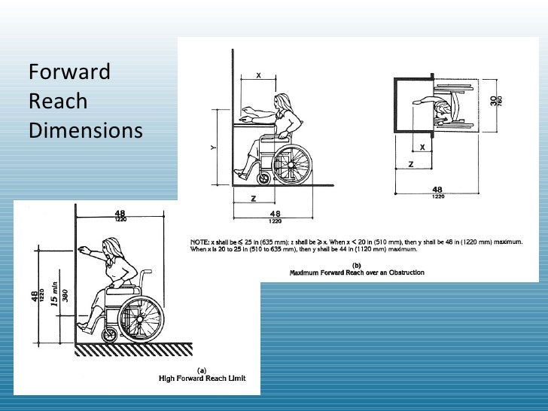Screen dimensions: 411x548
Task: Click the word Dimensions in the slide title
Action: pos(85,130)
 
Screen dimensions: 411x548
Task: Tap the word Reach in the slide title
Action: pos(57,102)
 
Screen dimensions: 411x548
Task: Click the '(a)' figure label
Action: pos(201,369)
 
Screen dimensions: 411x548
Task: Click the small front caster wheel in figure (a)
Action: pos(109,334)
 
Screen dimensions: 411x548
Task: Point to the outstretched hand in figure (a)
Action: pos(81,248)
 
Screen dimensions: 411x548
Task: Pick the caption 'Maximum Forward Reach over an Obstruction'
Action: pos(357,272)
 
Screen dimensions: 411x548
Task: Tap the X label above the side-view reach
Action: pos(259,75)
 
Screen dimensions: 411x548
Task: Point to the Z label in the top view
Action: pos(410,163)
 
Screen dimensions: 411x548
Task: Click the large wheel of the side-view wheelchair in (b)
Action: pos(291,161)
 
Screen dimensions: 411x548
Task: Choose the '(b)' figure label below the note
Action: pos(357,264)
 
